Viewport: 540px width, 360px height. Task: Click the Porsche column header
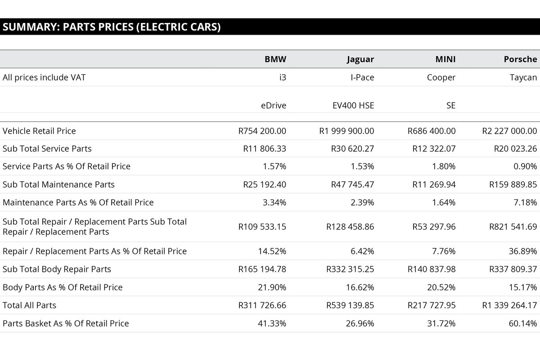520,59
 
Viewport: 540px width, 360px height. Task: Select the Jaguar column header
360,59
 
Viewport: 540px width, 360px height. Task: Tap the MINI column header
445,59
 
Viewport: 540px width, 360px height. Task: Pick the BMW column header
275,59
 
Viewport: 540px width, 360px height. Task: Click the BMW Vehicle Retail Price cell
262,131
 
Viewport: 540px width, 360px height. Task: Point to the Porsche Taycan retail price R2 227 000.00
509,131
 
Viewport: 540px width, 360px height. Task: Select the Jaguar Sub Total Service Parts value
352,148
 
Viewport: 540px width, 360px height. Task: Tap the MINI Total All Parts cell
432,305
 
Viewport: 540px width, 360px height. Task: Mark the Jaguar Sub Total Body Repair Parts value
350,269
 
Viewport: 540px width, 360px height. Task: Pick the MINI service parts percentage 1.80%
444,166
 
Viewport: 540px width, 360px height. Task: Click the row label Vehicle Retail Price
39,131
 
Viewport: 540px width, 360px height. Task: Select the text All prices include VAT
44,77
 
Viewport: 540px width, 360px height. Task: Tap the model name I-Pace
362,77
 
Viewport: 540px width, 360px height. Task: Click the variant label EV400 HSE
353,106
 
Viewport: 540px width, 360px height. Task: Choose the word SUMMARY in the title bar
30,27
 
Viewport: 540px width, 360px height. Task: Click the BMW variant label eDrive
273,106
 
